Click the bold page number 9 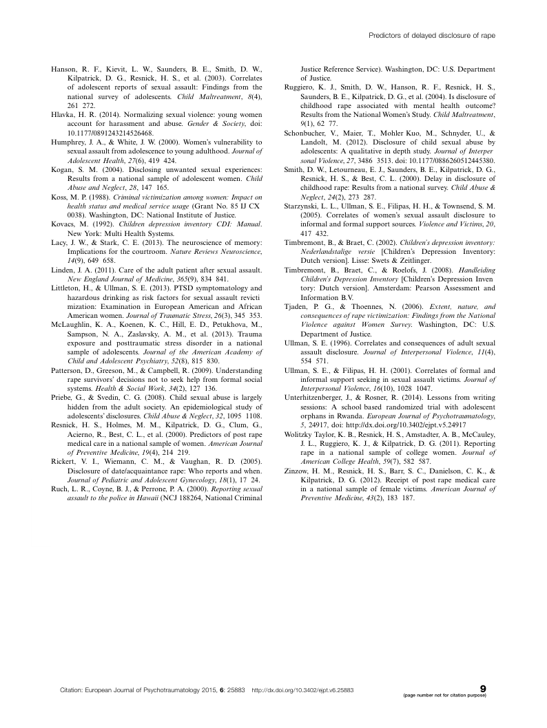pos(482,687)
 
